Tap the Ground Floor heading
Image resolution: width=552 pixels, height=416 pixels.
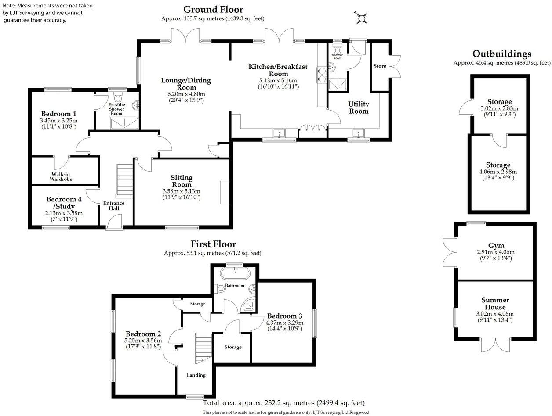[x=213, y=10]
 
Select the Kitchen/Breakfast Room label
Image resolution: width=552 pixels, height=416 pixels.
[x=278, y=70]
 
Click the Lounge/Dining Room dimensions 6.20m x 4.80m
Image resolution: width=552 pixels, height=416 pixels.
[x=185, y=94]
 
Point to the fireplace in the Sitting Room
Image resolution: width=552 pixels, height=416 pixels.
[x=225, y=192]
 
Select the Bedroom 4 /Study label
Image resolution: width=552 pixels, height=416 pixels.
[x=64, y=202]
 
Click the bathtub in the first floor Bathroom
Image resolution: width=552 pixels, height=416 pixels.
[x=235, y=275]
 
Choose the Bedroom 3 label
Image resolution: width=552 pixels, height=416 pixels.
[x=284, y=316]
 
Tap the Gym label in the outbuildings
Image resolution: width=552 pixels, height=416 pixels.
[x=496, y=245]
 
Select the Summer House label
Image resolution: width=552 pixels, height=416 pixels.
[x=495, y=304]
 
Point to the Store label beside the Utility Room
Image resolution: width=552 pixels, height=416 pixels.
[x=379, y=66]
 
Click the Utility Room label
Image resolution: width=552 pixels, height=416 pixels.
[x=358, y=108]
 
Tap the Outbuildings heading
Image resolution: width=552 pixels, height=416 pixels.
[x=501, y=54]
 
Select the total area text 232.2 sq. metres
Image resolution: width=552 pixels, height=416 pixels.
[x=283, y=403]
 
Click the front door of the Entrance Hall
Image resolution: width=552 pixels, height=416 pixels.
[x=115, y=224]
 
